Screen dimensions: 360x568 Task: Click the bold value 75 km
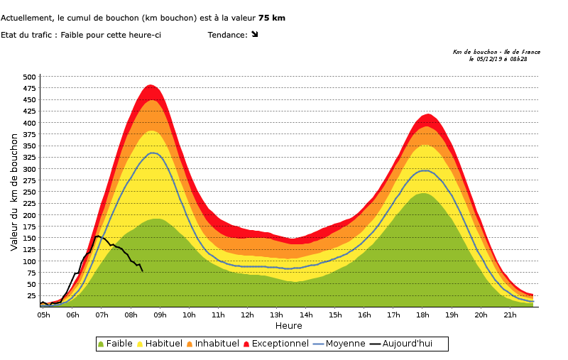tap(272, 18)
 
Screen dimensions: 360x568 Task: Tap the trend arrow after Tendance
tap(255, 34)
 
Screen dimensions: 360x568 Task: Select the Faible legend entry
tap(118, 344)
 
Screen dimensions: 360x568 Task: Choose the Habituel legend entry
tap(160, 344)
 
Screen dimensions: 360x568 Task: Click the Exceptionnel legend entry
tap(276, 344)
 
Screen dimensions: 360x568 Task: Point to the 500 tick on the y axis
tap(29, 77)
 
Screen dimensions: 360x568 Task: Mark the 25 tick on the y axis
tap(31, 295)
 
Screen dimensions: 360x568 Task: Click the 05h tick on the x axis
tap(43, 315)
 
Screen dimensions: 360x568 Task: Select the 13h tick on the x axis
tap(277, 315)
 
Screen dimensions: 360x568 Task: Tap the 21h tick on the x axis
tap(510, 315)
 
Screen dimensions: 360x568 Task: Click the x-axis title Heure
tap(289, 326)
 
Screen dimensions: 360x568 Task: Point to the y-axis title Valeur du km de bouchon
tap(14, 192)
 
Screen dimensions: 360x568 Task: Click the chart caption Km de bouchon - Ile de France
tap(496, 52)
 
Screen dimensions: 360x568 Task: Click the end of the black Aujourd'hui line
tap(143, 271)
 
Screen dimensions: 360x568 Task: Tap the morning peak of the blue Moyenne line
tap(153, 153)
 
